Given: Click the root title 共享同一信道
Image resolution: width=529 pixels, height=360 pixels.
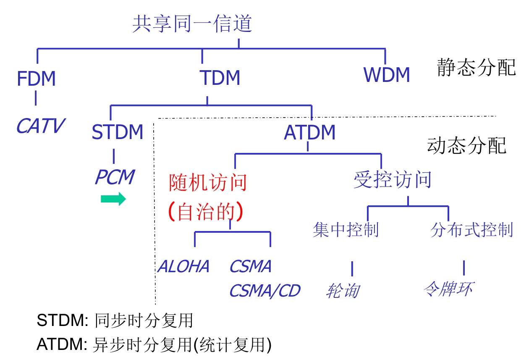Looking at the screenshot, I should (x=192, y=24).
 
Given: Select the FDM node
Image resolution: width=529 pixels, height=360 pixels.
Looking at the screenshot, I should (x=36, y=79).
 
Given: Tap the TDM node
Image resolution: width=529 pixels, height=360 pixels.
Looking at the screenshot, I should (x=220, y=78).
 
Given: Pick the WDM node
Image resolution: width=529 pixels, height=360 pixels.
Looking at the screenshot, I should (x=386, y=75).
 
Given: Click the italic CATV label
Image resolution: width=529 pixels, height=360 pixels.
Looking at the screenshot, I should (x=40, y=126).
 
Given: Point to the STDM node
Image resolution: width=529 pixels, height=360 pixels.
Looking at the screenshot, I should (x=117, y=132).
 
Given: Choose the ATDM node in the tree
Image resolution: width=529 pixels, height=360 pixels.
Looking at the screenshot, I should (x=309, y=133).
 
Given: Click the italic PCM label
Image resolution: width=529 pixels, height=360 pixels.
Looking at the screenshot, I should (x=114, y=177).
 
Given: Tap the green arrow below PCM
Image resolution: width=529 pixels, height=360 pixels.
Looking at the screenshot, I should (x=113, y=199).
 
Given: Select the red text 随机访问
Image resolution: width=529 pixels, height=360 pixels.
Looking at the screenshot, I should (x=207, y=182).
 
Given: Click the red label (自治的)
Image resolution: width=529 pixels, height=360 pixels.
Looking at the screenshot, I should (x=206, y=212).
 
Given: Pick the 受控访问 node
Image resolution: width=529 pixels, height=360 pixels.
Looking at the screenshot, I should (x=393, y=180).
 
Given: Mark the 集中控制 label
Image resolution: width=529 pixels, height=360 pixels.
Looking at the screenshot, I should (x=346, y=230).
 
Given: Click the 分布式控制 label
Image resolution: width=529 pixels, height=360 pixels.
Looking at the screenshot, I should (x=471, y=230).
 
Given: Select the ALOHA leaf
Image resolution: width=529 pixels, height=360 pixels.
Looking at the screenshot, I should (x=183, y=267).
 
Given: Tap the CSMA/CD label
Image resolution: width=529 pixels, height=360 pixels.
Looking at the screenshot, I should (x=264, y=291).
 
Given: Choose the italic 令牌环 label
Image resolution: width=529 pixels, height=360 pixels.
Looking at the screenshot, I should (x=448, y=289).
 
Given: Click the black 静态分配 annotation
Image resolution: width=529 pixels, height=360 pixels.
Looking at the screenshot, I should (x=476, y=67).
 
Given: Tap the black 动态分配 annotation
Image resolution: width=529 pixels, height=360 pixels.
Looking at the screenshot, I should (x=466, y=146).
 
